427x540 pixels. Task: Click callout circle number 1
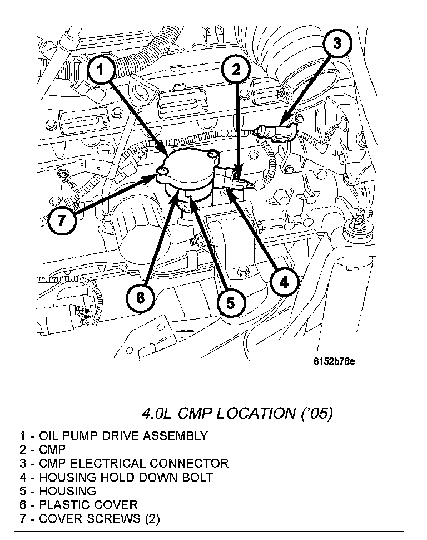(100, 70)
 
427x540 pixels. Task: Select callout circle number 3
(337, 43)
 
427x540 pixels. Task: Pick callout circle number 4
(283, 283)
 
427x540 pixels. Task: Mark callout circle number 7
(60, 220)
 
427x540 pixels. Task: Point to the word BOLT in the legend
(197, 477)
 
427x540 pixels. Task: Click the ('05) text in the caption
(315, 414)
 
